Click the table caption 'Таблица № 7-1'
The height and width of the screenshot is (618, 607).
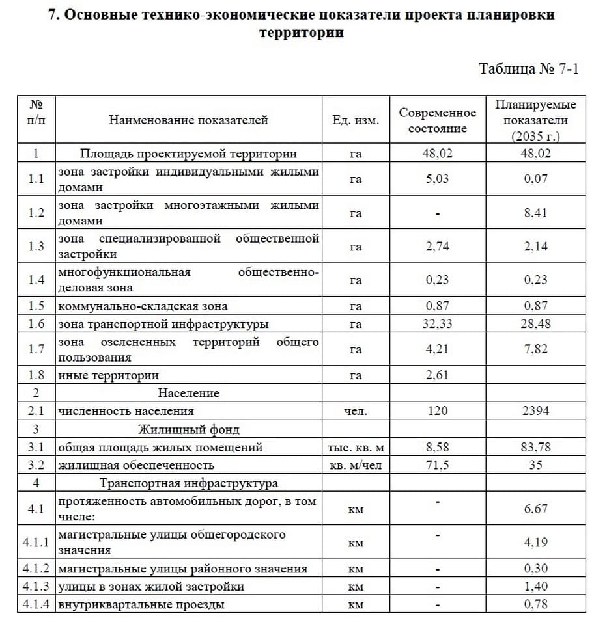(528, 68)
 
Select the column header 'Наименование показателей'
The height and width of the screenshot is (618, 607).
(188, 120)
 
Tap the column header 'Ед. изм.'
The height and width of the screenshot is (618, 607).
(356, 120)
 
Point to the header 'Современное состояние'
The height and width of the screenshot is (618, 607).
(438, 120)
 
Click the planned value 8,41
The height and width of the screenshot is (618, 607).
(536, 213)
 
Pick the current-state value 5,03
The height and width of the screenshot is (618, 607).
(438, 179)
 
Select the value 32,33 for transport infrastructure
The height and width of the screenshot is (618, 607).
(438, 324)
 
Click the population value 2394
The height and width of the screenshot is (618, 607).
(536, 410)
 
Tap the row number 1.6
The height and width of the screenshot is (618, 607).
(36, 324)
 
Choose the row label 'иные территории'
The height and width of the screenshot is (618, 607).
(109, 375)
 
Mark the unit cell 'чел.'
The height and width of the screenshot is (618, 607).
(356, 410)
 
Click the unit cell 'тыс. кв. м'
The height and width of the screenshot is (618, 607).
(356, 448)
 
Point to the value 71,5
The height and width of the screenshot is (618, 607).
(438, 465)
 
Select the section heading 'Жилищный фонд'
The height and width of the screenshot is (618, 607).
(188, 429)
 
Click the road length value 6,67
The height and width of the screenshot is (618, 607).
(536, 509)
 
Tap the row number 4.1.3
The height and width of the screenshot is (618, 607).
(36, 587)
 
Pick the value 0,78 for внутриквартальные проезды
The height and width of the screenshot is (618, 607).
(536, 604)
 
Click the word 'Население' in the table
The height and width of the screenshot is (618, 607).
(188, 393)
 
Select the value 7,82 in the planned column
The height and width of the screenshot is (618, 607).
(536, 350)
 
